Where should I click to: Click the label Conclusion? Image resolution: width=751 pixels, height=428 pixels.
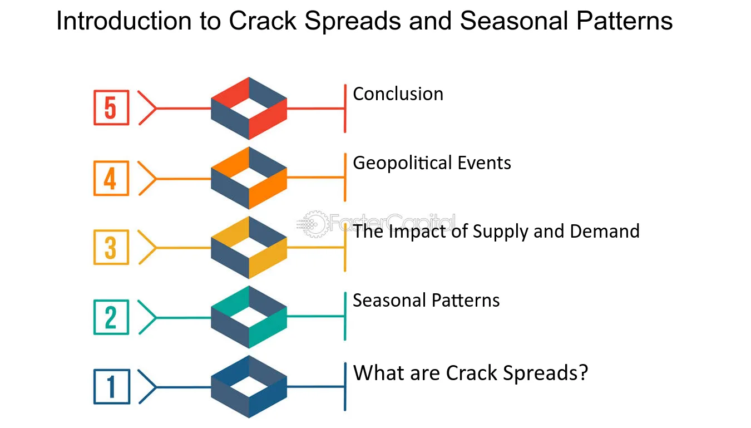[398, 94]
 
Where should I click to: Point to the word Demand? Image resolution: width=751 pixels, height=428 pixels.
[605, 232]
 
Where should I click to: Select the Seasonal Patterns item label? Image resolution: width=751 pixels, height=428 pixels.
[426, 300]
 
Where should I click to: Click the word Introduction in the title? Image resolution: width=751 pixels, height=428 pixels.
[123, 21]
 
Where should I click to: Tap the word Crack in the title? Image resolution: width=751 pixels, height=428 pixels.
[263, 21]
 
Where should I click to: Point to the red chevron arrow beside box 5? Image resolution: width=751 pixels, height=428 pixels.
[147, 107]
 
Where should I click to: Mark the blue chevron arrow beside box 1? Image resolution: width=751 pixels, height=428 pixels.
[147, 387]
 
